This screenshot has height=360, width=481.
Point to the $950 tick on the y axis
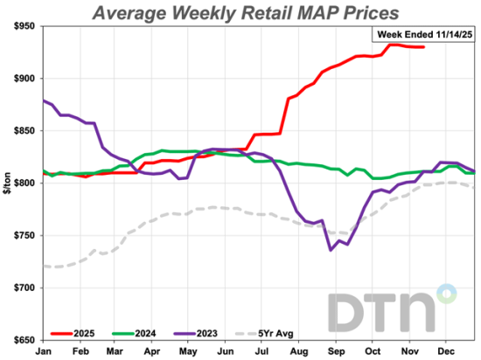point(20,26)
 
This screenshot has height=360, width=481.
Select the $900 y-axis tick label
point(20,79)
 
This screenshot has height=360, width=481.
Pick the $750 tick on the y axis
point(20,236)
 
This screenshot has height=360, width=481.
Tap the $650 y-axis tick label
point(20,340)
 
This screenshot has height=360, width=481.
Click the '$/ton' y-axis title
point(7,184)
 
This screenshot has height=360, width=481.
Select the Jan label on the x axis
point(43,350)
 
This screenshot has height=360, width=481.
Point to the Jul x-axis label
point(261,350)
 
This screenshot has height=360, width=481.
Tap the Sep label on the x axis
point(336,350)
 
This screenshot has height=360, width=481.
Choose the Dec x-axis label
point(446,350)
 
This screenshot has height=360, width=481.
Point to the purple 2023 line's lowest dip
point(331,250)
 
